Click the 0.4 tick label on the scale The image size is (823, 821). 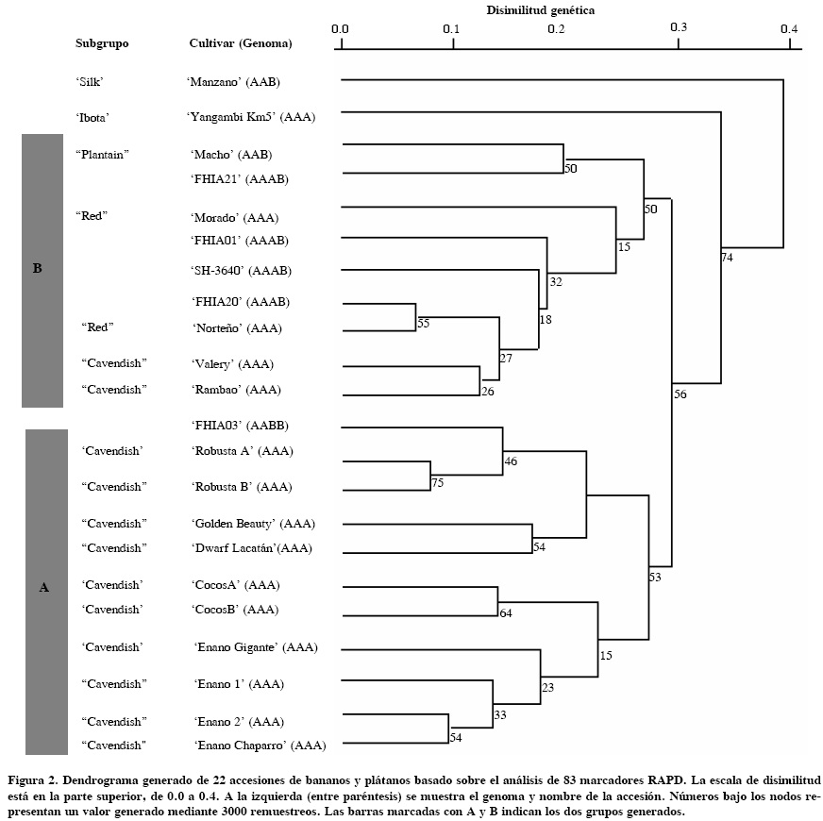tap(789, 28)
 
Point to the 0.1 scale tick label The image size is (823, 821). tap(451, 28)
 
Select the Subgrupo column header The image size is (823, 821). tap(102, 43)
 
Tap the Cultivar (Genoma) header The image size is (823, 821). tap(241, 43)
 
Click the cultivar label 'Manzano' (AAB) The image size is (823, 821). tap(233, 81)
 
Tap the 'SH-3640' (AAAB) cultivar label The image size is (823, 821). tap(241, 271)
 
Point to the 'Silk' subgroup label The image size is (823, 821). tap(90, 81)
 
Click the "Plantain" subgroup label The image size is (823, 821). tap(101, 154)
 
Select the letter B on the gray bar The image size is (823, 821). tap(37, 269)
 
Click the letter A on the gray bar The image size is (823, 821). tap(43, 588)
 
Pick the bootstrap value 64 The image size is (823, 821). tap(505, 613)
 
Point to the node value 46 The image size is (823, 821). tap(511, 462)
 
